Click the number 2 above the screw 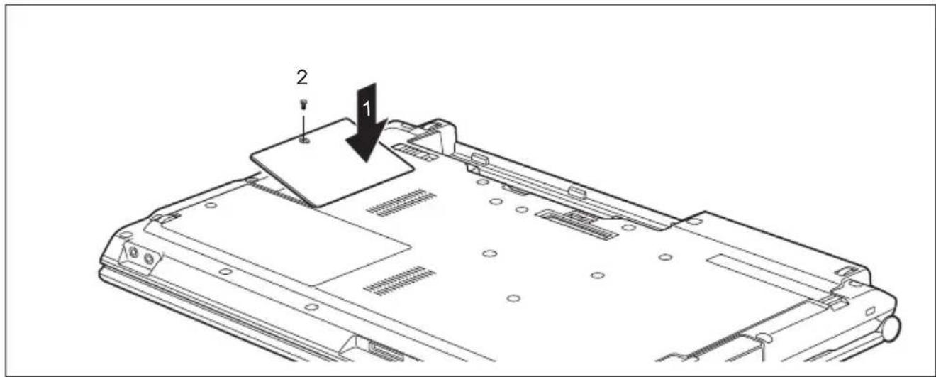click(302, 78)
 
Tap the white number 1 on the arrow click(367, 109)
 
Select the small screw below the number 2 click(303, 104)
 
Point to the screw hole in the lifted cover click(305, 141)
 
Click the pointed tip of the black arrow click(367, 161)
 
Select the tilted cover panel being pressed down click(332, 163)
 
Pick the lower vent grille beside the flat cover click(399, 280)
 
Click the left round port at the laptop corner click(134, 253)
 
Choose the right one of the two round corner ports click(149, 259)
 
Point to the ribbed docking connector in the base click(577, 224)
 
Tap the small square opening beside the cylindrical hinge click(870, 311)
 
